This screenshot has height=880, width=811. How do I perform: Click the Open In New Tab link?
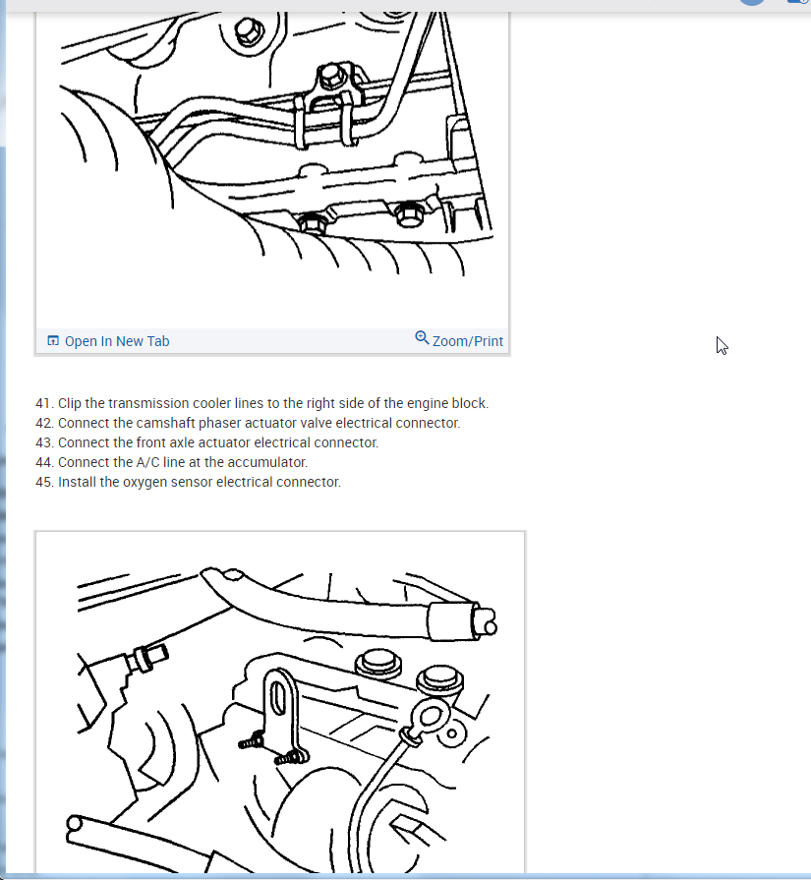117,341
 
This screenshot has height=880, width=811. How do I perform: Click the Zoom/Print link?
468,341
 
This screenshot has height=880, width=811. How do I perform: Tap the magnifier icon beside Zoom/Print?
422,338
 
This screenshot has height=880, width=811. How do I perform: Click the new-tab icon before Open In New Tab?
53,340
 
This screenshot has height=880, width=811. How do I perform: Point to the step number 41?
44,403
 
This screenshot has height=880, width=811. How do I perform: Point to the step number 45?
44,482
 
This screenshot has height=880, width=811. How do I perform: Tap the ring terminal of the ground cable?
430,718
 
